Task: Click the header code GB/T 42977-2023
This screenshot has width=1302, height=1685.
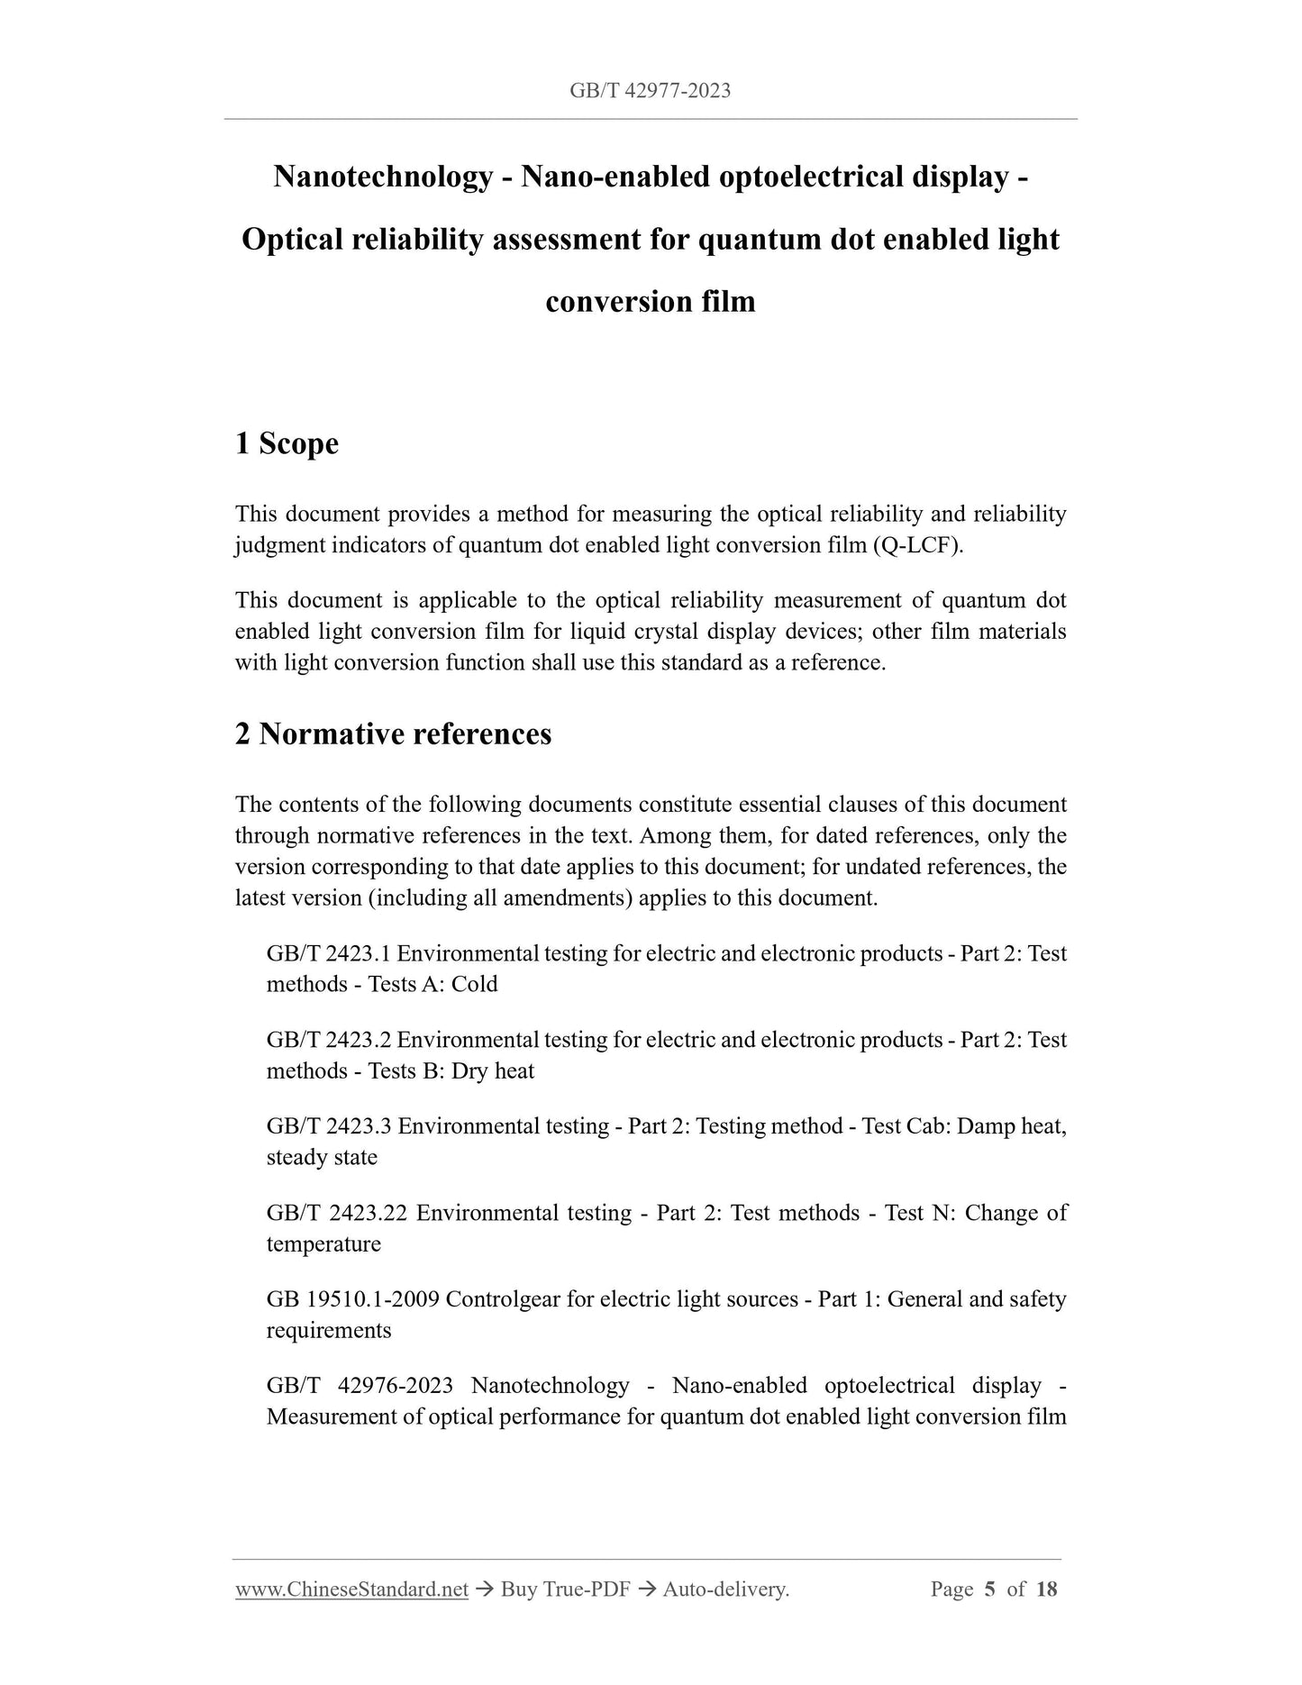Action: (650, 90)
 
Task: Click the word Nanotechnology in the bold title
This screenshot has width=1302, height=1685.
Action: (383, 177)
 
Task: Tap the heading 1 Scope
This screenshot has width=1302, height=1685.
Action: (287, 443)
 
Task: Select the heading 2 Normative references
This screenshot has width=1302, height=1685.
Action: (393, 733)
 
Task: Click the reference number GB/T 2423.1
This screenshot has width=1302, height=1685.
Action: (328, 953)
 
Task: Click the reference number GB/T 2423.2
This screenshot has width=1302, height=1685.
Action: (328, 1040)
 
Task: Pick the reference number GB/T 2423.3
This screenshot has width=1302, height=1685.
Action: (328, 1126)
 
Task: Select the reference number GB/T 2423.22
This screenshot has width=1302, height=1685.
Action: (336, 1213)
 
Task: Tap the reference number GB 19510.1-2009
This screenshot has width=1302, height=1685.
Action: (352, 1299)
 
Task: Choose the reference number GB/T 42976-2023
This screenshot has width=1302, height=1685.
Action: (359, 1385)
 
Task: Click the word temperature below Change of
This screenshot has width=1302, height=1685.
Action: (323, 1243)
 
